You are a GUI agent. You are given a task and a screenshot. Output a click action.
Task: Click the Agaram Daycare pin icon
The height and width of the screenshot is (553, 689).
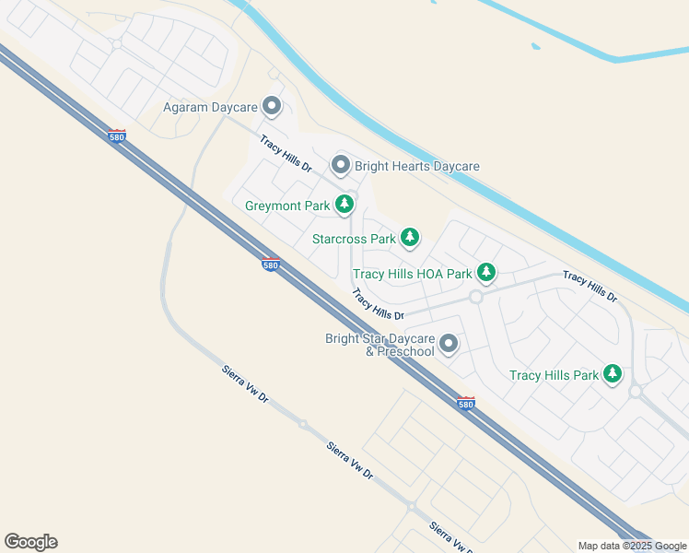pos(272,107)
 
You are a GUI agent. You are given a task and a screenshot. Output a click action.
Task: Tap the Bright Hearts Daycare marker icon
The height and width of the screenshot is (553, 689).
pos(341,166)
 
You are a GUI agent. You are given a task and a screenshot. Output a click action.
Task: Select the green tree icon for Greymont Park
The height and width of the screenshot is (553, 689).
pos(344,205)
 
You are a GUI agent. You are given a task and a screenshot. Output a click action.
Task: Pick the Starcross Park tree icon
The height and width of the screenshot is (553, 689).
pos(409,238)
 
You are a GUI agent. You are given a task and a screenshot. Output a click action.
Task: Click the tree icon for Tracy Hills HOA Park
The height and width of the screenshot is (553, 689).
pos(486,273)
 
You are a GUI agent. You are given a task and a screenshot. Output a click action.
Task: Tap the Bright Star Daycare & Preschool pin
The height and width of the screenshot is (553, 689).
pos(449,345)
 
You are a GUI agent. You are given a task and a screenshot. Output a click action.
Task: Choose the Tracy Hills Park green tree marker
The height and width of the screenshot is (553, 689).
pos(613,374)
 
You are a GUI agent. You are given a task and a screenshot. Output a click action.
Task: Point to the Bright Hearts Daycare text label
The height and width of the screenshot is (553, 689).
pos(417,167)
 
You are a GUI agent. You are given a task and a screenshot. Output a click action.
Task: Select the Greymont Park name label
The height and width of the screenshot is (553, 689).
pos(286,206)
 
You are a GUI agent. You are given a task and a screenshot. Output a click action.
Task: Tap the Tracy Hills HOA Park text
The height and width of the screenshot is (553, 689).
pos(412,274)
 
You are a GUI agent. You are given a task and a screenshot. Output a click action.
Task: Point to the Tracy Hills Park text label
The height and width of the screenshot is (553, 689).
pos(554,375)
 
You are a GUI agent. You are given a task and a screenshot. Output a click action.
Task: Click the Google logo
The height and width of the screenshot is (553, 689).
pos(30,541)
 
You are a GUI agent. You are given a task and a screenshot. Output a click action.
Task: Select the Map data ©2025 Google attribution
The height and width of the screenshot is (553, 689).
pos(632,546)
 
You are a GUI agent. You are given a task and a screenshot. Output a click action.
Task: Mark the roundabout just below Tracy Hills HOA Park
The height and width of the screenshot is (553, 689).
pos(476,297)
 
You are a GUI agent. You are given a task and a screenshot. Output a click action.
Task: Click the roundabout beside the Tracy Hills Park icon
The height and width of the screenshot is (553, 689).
pos(636,392)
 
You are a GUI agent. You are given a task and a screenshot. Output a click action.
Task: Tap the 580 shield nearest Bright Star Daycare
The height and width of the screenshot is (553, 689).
pos(466,403)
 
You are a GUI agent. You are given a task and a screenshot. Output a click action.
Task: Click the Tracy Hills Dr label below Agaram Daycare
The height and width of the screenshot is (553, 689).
pos(286,154)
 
